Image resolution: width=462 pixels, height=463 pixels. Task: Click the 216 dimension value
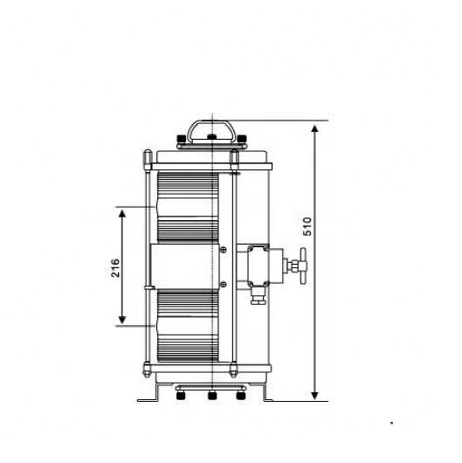coord(115,267)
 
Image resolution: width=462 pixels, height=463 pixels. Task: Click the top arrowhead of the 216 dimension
coord(123,212)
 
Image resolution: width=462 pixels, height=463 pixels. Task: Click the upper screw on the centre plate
coord(224,252)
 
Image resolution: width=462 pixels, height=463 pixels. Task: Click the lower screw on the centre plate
coord(224,281)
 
